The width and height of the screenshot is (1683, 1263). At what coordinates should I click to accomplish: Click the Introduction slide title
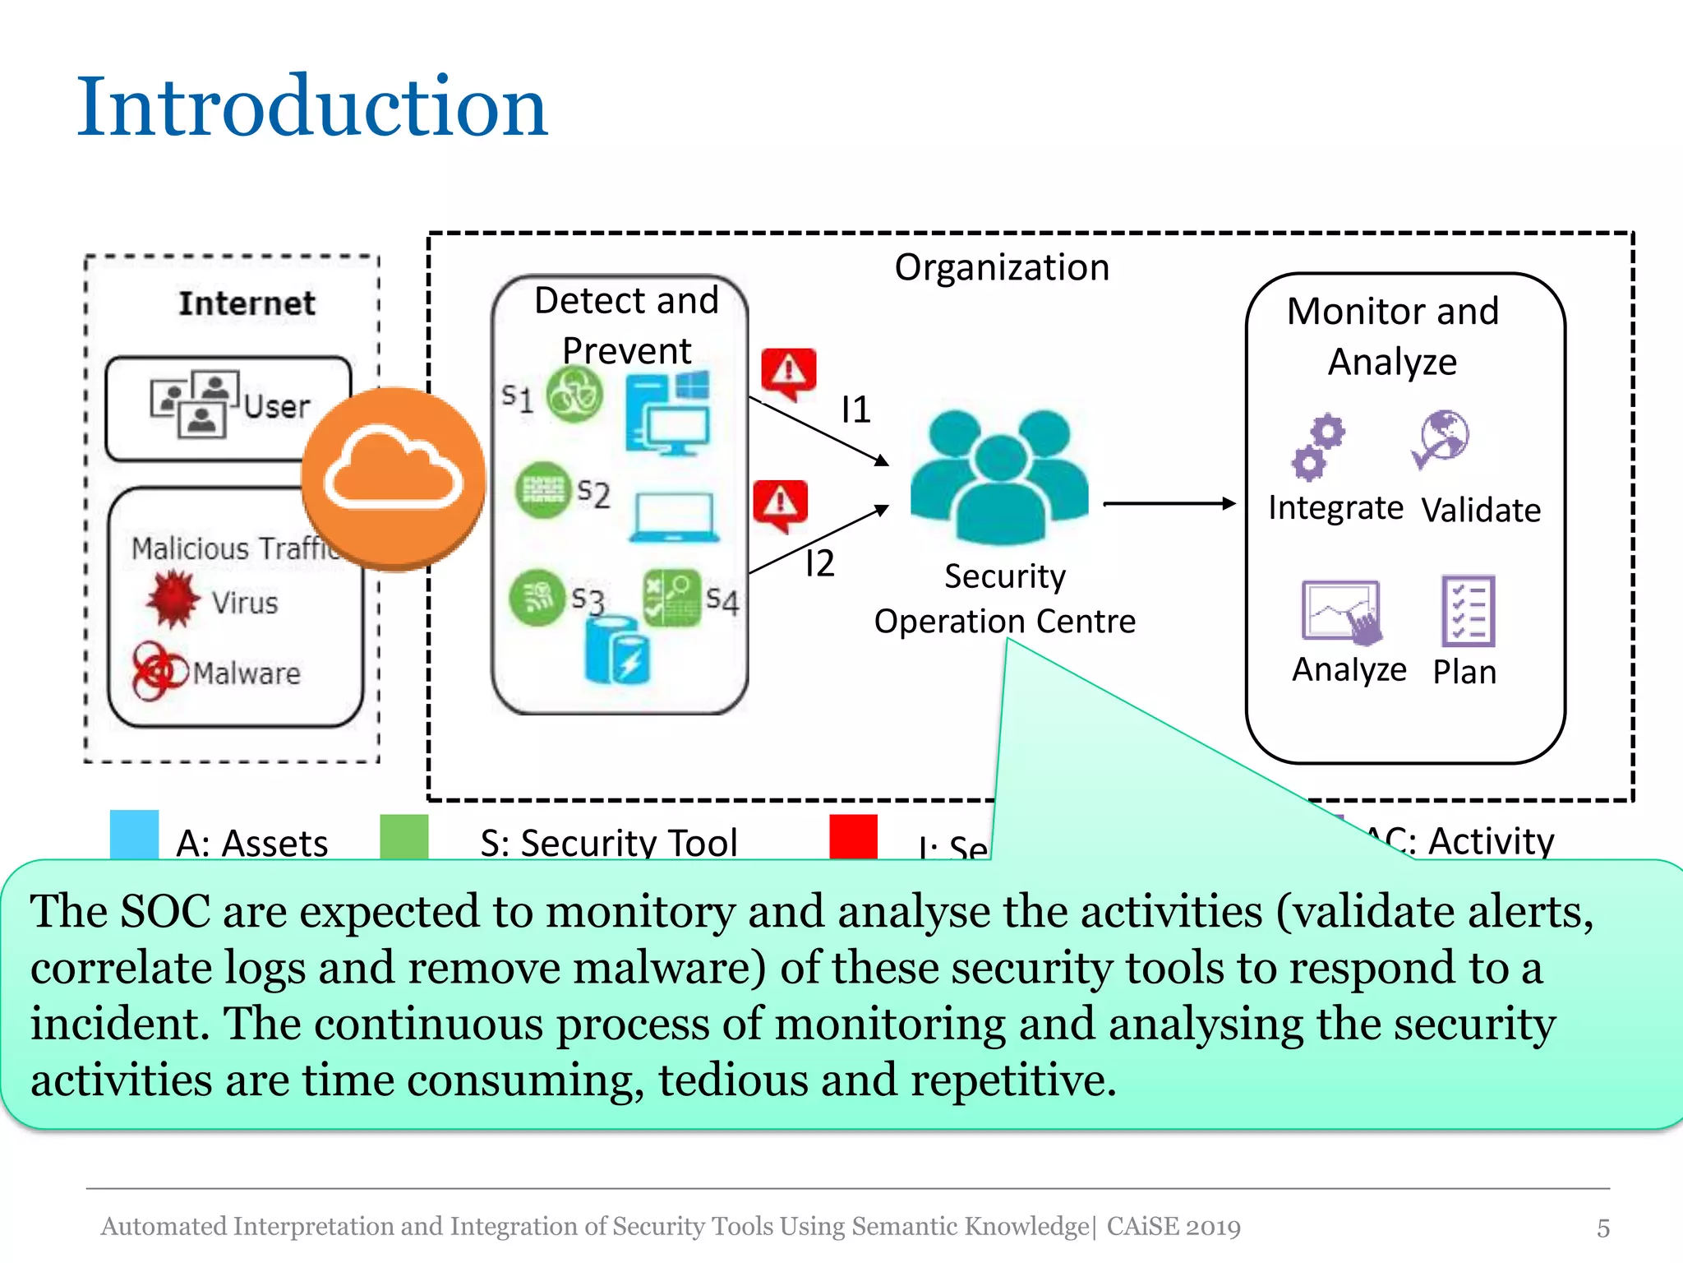[x=311, y=107]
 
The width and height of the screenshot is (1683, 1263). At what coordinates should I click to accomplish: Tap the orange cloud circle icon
[x=394, y=479]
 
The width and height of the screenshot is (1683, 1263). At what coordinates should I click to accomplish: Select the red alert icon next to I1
[x=788, y=372]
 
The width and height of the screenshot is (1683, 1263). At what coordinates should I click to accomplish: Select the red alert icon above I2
[x=780, y=504]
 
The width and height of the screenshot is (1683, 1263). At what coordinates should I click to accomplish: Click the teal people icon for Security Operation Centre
[x=999, y=477]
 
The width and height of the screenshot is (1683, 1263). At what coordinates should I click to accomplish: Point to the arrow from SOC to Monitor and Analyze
[x=1169, y=503]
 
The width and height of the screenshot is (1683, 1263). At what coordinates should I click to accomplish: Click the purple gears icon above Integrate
[x=1318, y=447]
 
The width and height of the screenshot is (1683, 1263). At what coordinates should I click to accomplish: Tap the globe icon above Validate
[x=1441, y=439]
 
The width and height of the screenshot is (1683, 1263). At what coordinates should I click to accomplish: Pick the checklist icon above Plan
[x=1468, y=611]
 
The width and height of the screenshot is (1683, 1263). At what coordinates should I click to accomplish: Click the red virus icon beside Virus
[x=173, y=599]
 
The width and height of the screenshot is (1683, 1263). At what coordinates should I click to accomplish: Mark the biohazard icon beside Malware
[x=158, y=671]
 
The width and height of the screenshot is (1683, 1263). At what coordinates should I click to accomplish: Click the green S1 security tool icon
[x=574, y=395]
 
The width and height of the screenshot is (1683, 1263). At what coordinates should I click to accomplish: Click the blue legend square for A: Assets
[x=134, y=834]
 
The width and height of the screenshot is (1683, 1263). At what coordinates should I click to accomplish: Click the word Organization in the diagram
[x=1002, y=267]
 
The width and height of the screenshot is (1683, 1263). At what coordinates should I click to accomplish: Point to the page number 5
[x=1602, y=1228]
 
